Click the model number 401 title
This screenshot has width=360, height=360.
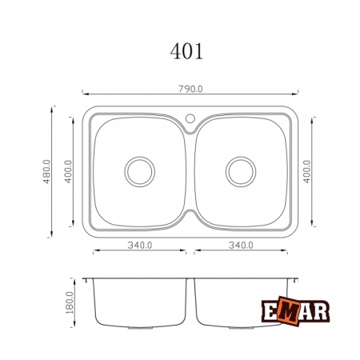(x=186, y=51)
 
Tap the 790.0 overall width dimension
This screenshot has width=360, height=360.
(x=190, y=89)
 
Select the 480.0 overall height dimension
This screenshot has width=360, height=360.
(x=46, y=171)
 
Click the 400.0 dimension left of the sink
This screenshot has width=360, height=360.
(x=68, y=171)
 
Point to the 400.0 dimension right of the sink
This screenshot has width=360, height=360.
(x=307, y=171)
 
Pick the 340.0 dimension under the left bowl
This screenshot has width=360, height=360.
(x=140, y=245)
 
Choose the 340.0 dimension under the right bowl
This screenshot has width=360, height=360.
(x=241, y=245)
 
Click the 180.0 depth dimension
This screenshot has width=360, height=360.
(x=70, y=302)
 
